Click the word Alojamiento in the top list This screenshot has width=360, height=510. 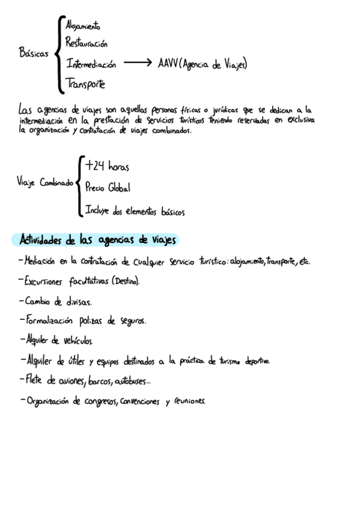(x=83, y=26)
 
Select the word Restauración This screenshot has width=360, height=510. (x=87, y=44)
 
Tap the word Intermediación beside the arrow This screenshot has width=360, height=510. (x=91, y=64)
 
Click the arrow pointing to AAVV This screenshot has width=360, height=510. (x=138, y=63)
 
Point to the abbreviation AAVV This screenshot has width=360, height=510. (x=168, y=63)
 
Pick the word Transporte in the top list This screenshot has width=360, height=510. (x=85, y=84)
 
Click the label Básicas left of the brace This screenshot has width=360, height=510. (x=34, y=54)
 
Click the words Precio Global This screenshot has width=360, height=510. (x=108, y=188)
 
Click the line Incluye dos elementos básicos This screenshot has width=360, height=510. (x=135, y=212)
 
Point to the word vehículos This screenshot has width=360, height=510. (x=78, y=341)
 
